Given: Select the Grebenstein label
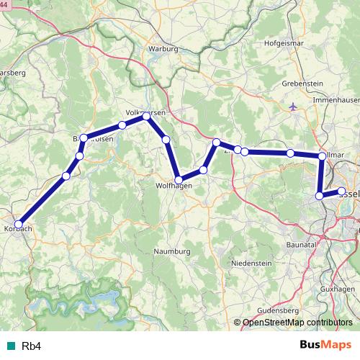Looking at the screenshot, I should (301, 84).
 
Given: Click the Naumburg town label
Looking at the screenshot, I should (172, 251).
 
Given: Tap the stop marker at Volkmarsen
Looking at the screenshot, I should (146, 116).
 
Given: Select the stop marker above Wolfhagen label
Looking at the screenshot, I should (179, 180).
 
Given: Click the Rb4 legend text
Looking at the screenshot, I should (31, 346).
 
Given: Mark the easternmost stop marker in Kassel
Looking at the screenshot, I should (341, 191).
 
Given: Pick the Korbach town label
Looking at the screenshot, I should (17, 228).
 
